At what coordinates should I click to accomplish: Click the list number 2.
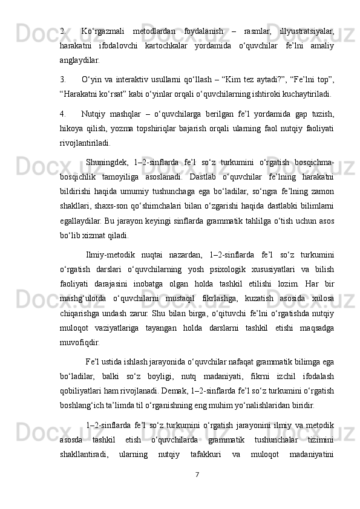click(x=63, y=30)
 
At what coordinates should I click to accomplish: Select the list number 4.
click(x=63, y=113)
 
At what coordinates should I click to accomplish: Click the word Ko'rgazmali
click(x=103, y=30)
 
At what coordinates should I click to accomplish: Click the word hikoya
click(x=73, y=129)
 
